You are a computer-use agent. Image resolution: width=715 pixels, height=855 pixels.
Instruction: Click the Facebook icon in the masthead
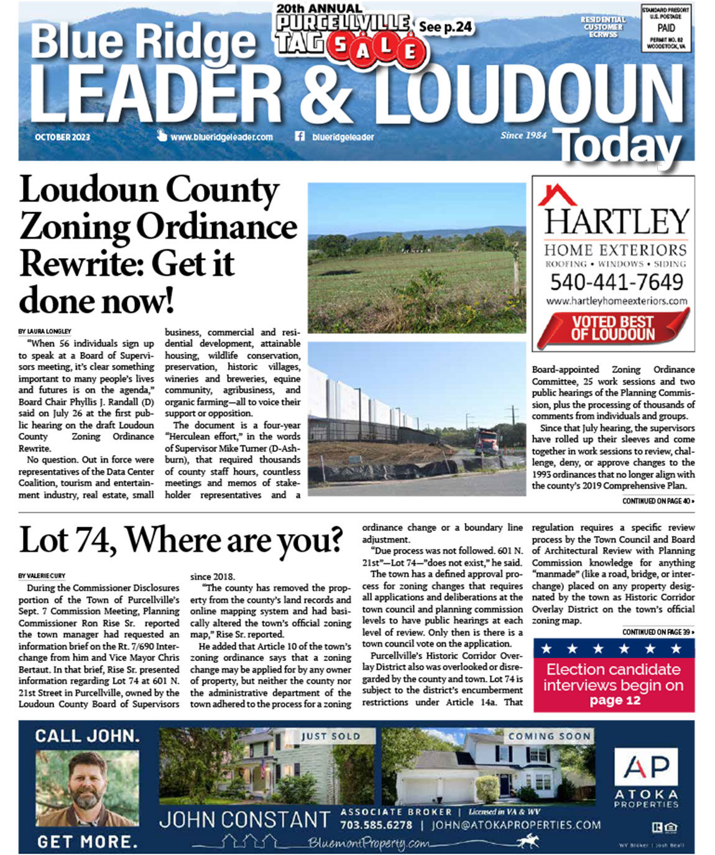[300, 136]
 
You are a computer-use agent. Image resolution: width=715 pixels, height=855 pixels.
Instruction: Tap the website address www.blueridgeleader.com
[221, 137]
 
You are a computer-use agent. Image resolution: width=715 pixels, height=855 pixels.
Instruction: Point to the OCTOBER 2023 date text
[62, 137]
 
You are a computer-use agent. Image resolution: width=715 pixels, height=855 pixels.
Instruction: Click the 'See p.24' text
[445, 27]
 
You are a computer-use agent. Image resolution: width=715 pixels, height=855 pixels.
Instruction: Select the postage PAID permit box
[666, 29]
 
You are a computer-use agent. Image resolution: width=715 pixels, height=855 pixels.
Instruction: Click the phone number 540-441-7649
[616, 282]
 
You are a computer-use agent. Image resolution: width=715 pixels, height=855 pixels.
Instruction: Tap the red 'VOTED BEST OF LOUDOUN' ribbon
[613, 328]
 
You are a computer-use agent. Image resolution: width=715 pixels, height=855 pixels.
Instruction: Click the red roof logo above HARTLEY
[557, 195]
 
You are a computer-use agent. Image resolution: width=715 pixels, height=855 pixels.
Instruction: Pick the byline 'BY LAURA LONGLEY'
[45, 331]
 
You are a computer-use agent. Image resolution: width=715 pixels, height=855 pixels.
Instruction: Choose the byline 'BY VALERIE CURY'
[42, 576]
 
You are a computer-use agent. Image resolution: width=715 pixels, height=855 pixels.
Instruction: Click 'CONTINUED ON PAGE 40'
[658, 501]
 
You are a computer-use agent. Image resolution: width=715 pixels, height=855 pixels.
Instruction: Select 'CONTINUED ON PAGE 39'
[658, 632]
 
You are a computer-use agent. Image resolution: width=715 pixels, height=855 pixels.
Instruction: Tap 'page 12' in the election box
[614, 700]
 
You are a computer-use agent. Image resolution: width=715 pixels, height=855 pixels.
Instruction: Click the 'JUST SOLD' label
[330, 736]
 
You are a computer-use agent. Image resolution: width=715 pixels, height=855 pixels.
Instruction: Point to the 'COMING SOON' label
[549, 736]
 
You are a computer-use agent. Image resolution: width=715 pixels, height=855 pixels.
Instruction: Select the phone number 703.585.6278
[376, 825]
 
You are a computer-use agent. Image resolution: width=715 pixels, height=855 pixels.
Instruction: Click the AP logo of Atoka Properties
[647, 767]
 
